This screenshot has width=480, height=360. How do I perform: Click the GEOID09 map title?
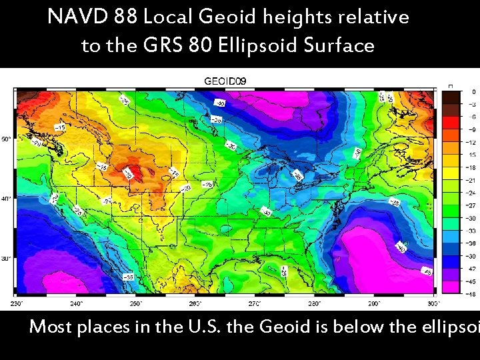225,81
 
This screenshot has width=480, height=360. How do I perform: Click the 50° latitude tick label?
5,139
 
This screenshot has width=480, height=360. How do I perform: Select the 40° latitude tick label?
5,199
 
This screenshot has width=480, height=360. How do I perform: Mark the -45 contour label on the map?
427,271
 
